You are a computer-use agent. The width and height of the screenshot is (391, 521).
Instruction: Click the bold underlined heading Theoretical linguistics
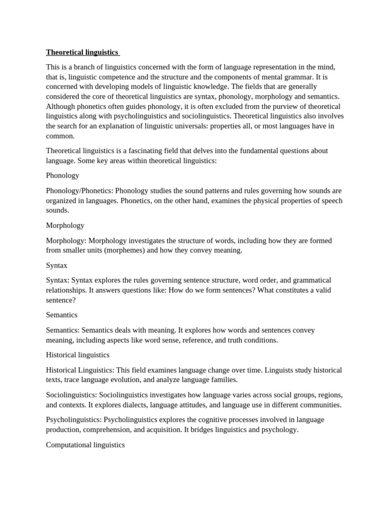pos(82,52)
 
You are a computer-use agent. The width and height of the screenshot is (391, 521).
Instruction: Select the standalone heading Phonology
pos(63,176)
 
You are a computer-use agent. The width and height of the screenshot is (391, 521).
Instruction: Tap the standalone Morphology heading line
pos(65,225)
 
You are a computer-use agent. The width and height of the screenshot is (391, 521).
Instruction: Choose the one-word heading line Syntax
pos(57,266)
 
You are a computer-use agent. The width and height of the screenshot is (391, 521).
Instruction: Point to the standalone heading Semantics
pos(62,315)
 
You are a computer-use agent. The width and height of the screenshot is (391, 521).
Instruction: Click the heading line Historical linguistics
pos(78,355)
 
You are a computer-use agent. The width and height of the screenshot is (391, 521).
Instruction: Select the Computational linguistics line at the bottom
pos(86,445)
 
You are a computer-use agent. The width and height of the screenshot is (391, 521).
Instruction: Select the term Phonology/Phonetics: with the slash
pos(79,191)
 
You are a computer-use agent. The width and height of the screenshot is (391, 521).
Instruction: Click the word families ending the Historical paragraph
pos(224,380)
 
